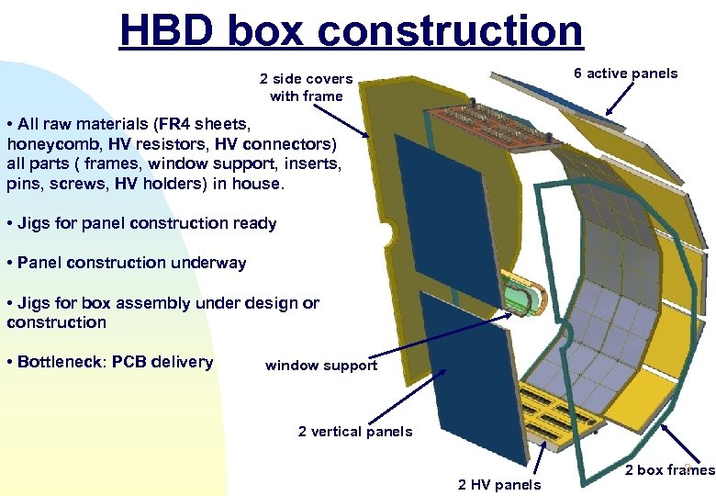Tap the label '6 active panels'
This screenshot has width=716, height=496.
(x=625, y=73)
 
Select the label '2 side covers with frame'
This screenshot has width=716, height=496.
(x=306, y=87)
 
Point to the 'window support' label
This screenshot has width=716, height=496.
(x=320, y=366)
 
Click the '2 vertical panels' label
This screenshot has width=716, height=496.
(x=355, y=432)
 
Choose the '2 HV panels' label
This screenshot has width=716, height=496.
(x=499, y=484)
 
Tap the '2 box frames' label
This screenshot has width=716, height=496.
(x=669, y=470)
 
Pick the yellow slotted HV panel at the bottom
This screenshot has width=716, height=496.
(x=552, y=418)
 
